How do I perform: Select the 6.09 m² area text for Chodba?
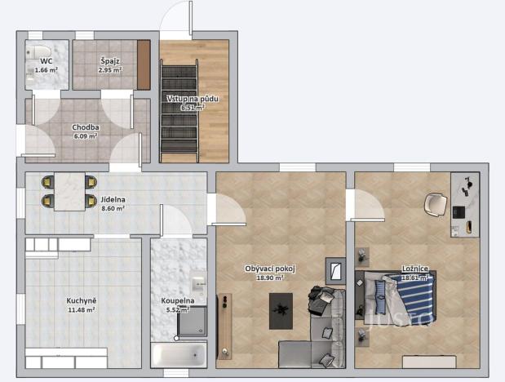tap(86, 136)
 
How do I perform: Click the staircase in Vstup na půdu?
tap(180, 114)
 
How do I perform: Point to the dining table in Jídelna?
tap(70, 192)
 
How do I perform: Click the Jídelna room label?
tap(113, 199)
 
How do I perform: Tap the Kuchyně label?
tap(81, 300)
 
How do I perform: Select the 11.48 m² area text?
tap(81, 310)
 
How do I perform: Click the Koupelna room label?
tap(176, 300)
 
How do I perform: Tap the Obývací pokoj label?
tap(269, 269)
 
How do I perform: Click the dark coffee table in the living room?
tap(281, 310)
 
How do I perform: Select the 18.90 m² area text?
tap(269, 278)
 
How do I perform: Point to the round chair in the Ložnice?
tap(436, 203)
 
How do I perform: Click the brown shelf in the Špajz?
tap(144, 64)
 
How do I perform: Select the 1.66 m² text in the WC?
tap(45, 70)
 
